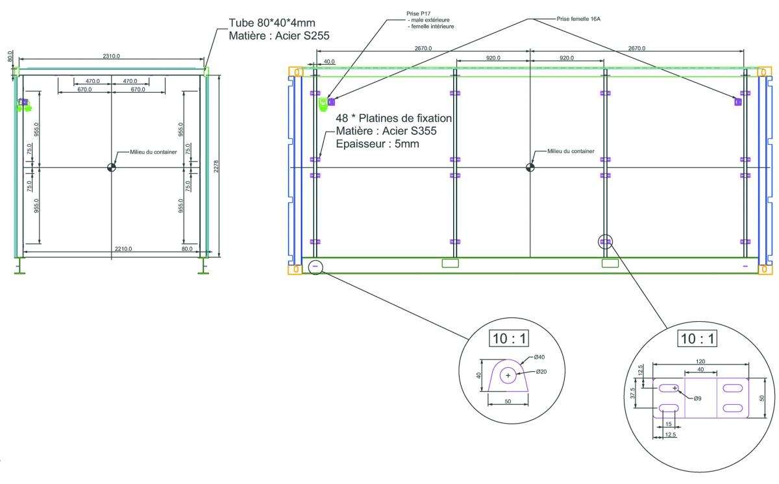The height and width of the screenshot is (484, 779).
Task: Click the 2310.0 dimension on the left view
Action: click(x=111, y=56)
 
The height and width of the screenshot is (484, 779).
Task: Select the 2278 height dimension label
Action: click(x=216, y=166)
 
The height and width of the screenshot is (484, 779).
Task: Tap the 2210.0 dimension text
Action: click(x=123, y=248)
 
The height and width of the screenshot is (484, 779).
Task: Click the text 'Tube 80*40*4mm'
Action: click(x=272, y=23)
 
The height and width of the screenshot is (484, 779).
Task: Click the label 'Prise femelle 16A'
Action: click(x=578, y=19)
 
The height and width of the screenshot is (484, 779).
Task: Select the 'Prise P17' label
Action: click(x=418, y=14)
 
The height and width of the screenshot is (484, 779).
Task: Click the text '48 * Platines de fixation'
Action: click(x=393, y=118)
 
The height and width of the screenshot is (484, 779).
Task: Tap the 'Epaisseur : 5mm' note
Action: click(x=377, y=144)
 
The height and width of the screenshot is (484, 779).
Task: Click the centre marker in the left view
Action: click(x=111, y=167)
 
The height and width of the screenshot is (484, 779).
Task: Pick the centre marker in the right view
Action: click(x=530, y=167)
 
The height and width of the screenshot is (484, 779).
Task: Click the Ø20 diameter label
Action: click(x=541, y=372)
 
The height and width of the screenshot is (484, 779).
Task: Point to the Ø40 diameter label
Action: click(x=539, y=357)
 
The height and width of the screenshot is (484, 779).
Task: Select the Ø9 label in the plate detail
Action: click(x=697, y=399)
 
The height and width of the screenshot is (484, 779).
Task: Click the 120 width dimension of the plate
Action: click(x=700, y=361)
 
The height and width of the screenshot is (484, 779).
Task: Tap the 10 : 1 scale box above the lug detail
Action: click(x=509, y=339)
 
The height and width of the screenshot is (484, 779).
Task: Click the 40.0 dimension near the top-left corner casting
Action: click(x=329, y=62)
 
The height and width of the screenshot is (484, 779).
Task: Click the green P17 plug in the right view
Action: click(x=323, y=104)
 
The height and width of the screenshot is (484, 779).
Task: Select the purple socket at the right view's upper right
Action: click(x=738, y=102)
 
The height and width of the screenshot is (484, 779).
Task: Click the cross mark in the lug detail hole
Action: click(x=508, y=376)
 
